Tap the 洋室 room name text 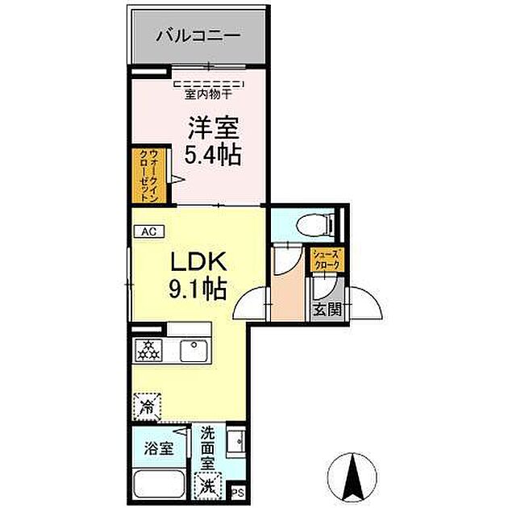click(211, 127)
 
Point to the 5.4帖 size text click(211, 154)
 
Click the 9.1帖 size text click(198, 287)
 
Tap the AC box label click(148, 231)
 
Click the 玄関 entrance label click(326, 309)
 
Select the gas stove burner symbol click(148, 349)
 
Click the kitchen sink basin click(194, 350)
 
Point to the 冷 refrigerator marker click(148, 406)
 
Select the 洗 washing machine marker click(209, 485)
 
